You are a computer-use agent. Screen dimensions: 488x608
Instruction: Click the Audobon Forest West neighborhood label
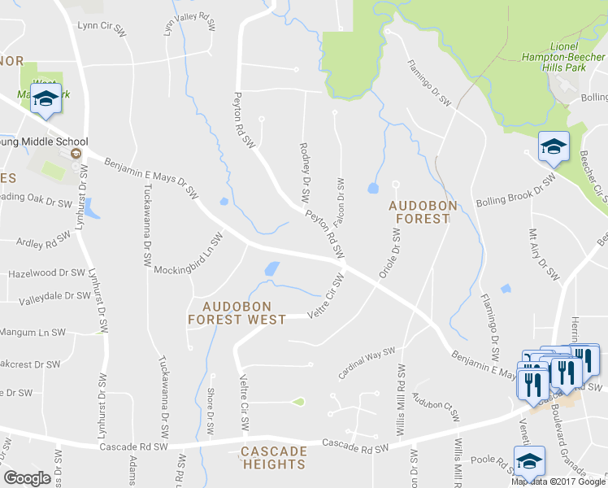pyautogui.click(x=237, y=312)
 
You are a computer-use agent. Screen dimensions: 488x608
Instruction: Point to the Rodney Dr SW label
pyautogui.click(x=306, y=172)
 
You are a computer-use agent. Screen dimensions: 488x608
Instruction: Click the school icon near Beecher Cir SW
pyautogui.click(x=554, y=147)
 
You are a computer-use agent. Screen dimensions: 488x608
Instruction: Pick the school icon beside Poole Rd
pyautogui.click(x=529, y=460)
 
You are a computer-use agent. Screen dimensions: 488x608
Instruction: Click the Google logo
pyautogui.click(x=27, y=477)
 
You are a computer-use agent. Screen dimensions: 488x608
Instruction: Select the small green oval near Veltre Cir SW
pyautogui.click(x=298, y=402)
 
